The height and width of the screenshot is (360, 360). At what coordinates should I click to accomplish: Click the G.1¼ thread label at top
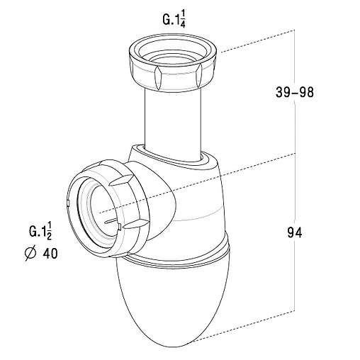[174, 20]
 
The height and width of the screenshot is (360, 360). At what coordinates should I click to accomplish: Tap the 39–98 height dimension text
[295, 92]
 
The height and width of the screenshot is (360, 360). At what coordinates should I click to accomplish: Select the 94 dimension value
[295, 233]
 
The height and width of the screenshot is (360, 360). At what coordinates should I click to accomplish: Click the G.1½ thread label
[40, 232]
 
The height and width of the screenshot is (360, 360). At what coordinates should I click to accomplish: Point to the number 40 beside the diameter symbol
[50, 254]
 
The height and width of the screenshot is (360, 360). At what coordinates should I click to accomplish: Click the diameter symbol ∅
[30, 254]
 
